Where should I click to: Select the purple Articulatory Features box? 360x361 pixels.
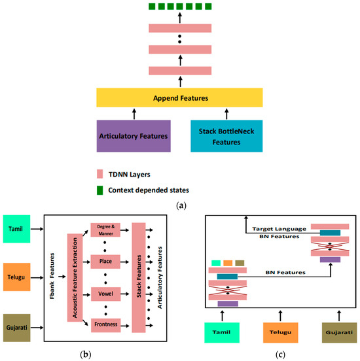point(133,135)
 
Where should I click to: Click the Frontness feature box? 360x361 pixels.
point(107,322)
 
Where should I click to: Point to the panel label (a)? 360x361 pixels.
point(180,203)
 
